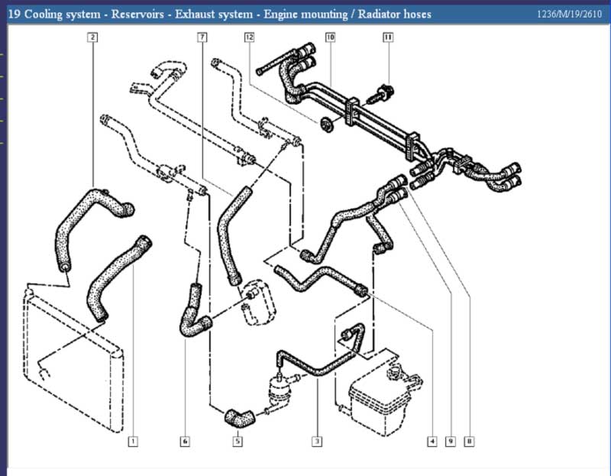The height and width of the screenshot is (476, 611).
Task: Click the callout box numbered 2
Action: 92,37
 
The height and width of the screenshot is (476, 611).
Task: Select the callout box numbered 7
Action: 202,37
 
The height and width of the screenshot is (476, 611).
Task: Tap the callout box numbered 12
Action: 250,37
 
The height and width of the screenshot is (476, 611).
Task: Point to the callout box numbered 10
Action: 330,37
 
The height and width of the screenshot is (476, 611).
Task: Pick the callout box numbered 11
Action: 388,37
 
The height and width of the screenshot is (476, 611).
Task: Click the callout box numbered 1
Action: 133,442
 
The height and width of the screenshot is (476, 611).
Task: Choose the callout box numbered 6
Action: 185,442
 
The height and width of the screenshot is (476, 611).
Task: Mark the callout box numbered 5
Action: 238,442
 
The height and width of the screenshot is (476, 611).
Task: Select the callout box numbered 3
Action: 317,442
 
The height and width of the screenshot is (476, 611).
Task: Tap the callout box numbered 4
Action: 432,442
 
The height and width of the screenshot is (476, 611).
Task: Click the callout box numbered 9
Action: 451,442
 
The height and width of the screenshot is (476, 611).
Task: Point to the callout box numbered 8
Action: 470,442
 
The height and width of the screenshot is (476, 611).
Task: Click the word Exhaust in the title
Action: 194,15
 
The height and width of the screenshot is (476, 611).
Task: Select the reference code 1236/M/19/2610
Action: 569,15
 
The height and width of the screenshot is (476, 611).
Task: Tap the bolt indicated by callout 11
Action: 383,95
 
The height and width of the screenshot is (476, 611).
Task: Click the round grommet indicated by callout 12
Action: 327,124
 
